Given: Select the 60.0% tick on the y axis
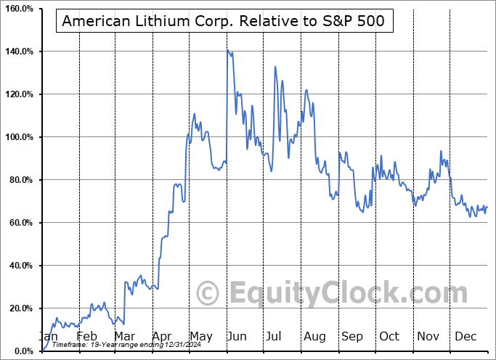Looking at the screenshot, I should (x=20, y=223).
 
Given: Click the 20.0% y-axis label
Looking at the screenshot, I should (x=20, y=308).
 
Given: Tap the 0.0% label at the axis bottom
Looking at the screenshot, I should (x=23, y=351).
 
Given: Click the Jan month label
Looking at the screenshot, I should (x=49, y=336).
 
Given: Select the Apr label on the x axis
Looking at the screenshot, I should (x=161, y=336).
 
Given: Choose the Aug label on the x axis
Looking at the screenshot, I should (x=314, y=336).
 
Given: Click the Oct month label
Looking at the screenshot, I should (x=389, y=336).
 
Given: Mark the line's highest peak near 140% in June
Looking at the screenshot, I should (x=227, y=50).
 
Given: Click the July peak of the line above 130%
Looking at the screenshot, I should (x=275, y=67).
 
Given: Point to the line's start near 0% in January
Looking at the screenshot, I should (x=43, y=350).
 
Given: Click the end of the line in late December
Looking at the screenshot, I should (x=487, y=207).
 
